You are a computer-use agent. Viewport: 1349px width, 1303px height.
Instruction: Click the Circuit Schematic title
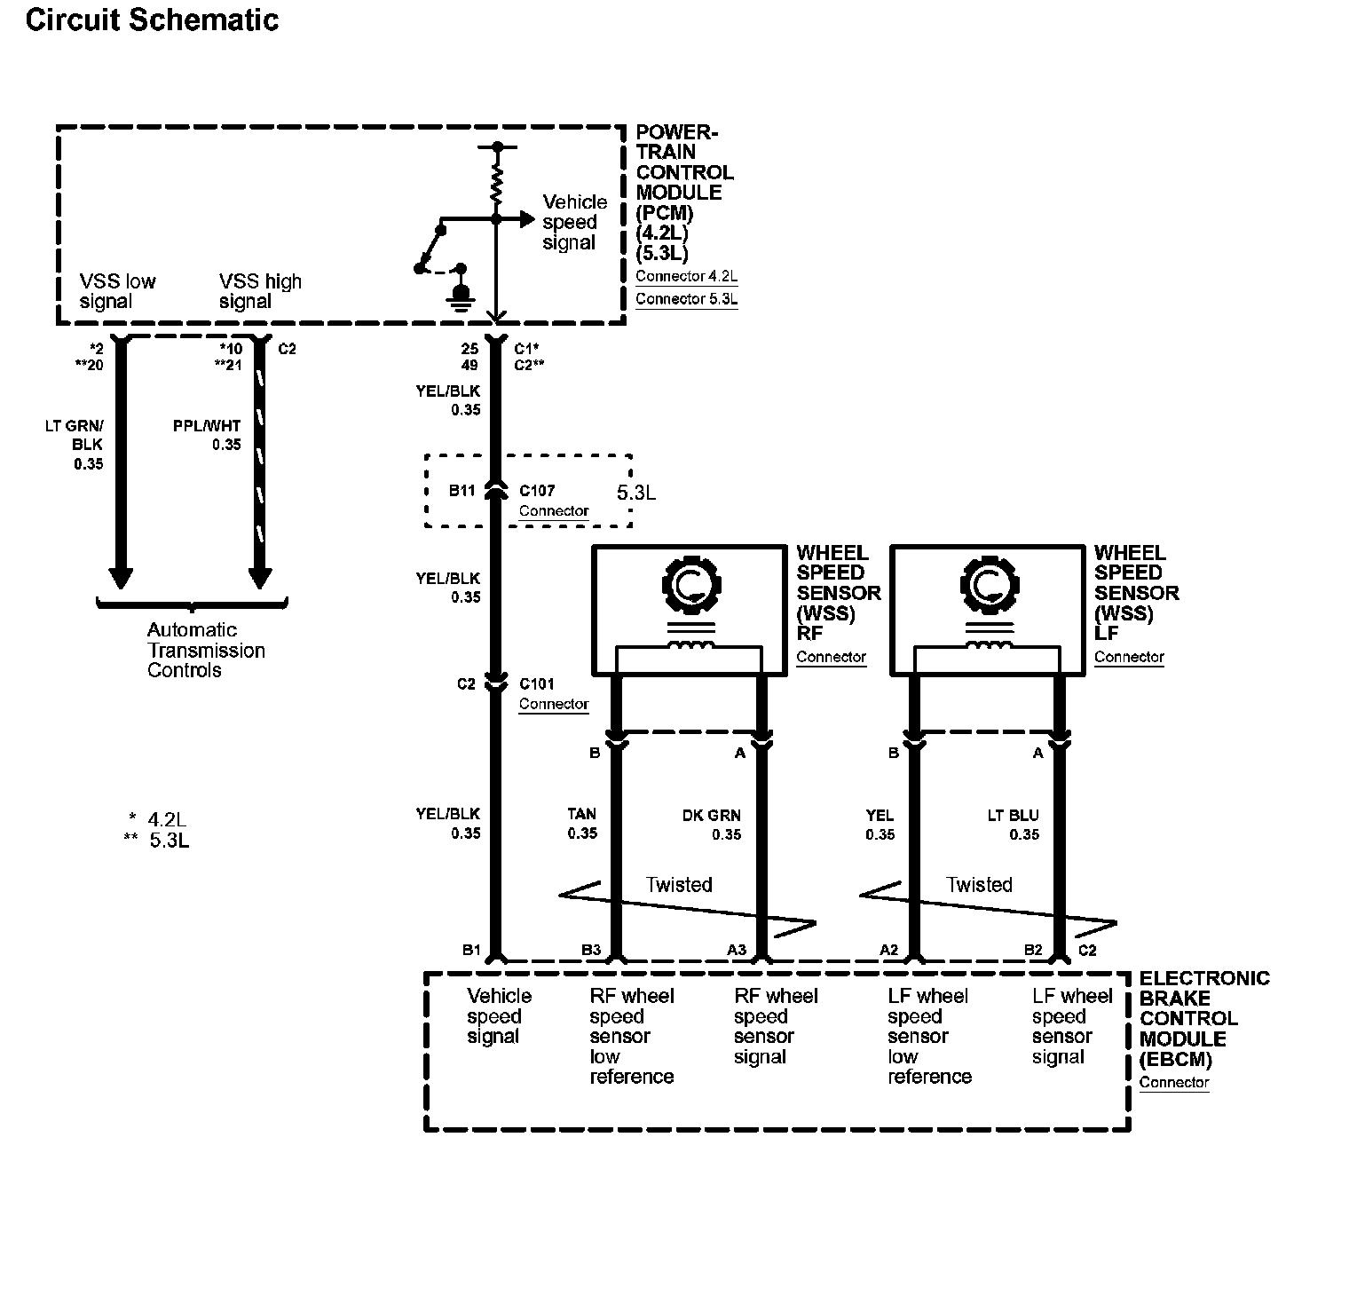(152, 20)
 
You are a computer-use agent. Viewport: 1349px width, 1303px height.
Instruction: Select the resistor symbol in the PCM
(497, 186)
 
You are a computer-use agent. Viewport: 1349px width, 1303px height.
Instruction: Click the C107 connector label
(536, 490)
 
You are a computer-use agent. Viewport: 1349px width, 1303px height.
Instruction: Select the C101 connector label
(536, 683)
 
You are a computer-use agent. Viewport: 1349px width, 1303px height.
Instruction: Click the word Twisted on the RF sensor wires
(679, 885)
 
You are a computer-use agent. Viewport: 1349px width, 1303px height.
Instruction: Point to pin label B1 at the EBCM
(471, 950)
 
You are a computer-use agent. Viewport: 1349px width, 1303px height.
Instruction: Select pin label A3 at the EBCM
(737, 950)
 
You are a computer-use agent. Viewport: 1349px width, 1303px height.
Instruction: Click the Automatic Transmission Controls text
(206, 650)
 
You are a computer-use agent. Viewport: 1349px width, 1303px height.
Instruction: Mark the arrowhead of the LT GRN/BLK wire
(121, 578)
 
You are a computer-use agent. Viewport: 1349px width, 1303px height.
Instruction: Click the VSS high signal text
(260, 291)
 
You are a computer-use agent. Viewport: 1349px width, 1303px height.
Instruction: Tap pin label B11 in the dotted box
(461, 490)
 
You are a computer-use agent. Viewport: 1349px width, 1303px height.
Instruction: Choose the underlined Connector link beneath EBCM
(1173, 1082)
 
